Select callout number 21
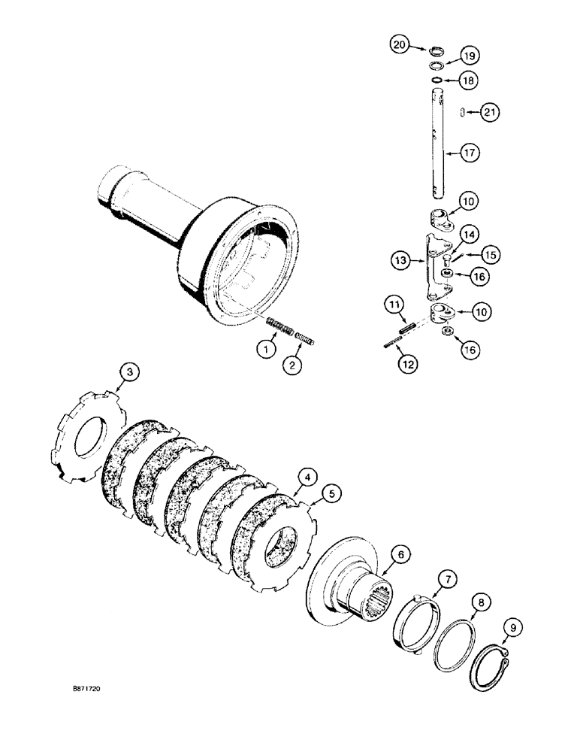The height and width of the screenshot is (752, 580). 490,113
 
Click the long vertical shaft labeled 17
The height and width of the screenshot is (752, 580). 436,150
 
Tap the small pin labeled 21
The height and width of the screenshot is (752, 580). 458,113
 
